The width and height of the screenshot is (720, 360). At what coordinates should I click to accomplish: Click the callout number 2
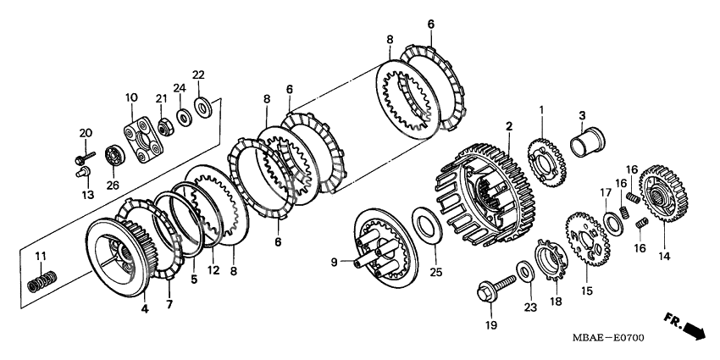509,126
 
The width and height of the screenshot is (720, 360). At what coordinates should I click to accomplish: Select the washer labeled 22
202,108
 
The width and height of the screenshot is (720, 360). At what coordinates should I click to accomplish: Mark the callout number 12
213,270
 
